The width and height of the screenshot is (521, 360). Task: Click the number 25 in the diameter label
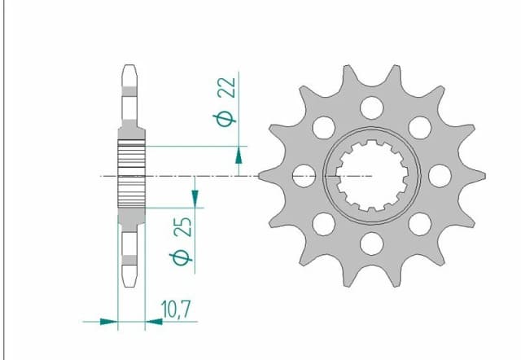pyautogui.click(x=183, y=226)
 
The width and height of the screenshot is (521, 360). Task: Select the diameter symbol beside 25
pyautogui.click(x=182, y=258)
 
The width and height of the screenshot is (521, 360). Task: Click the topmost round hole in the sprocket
pyautogui.click(x=371, y=107)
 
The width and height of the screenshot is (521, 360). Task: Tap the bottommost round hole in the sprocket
pyautogui.click(x=371, y=242)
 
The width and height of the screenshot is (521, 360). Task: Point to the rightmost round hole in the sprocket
pyautogui.click(x=439, y=174)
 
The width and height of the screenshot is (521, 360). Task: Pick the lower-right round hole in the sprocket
pyautogui.click(x=419, y=222)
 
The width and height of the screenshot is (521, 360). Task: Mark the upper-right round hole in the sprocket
pyautogui.click(x=419, y=127)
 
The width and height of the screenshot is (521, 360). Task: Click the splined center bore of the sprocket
pyautogui.click(x=371, y=174)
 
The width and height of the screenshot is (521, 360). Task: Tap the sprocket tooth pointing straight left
pyautogui.click(x=265, y=174)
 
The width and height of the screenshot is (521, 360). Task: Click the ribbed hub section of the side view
pyautogui.click(x=131, y=175)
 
